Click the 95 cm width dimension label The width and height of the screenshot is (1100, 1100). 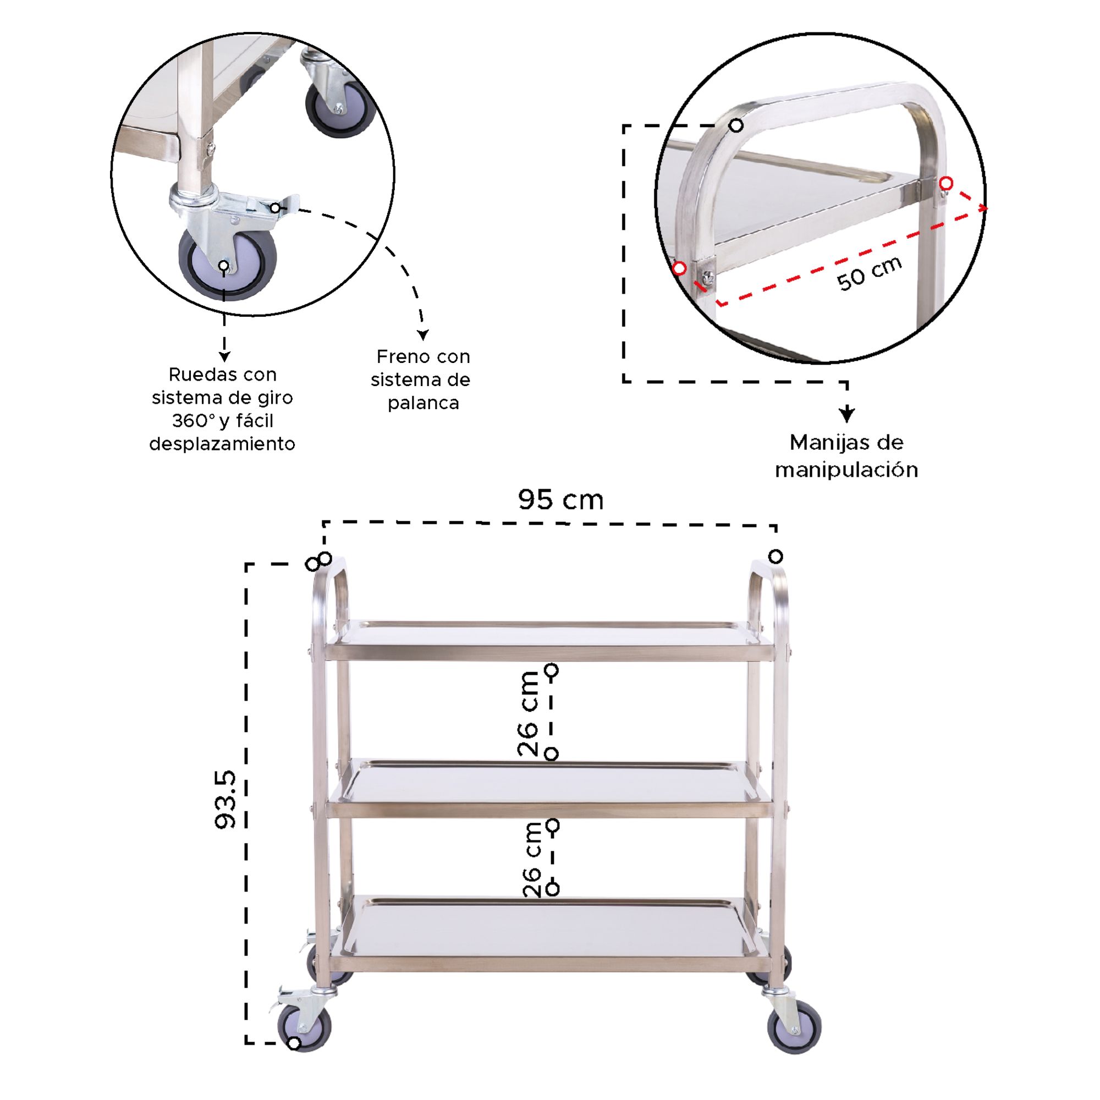click(560, 500)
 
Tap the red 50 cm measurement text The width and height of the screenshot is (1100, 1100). click(870, 273)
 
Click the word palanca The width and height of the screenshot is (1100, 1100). click(423, 403)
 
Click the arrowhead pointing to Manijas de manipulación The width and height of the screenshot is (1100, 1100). click(846, 415)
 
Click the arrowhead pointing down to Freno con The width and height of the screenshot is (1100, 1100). click(422, 334)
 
